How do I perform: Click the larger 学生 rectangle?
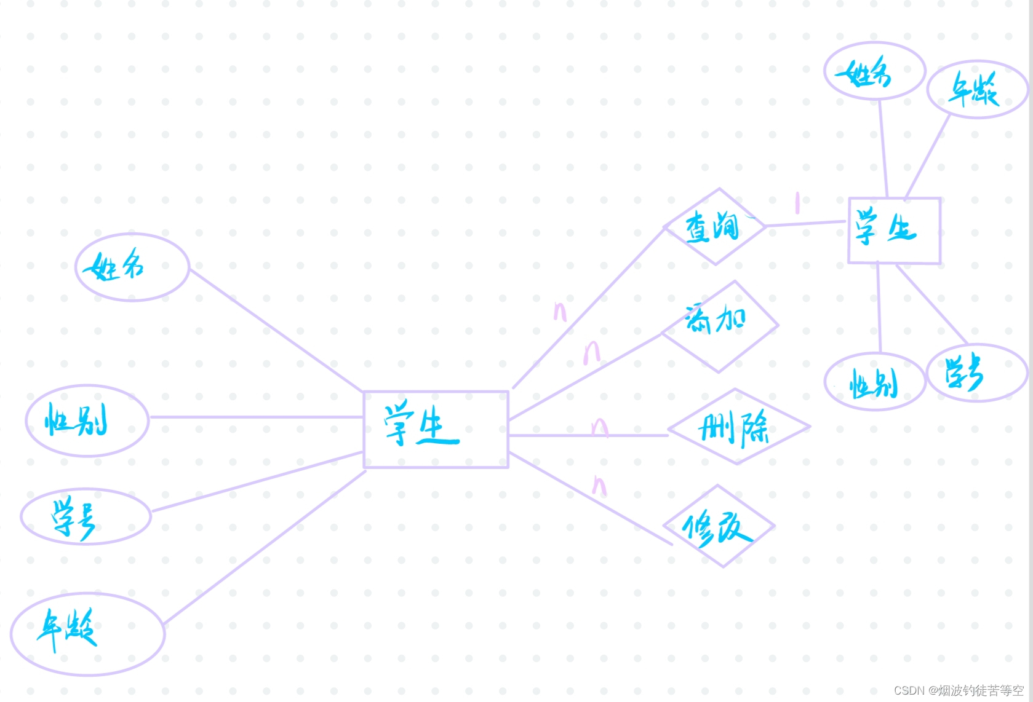point(436,429)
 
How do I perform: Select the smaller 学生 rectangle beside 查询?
point(894,231)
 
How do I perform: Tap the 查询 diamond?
point(714,227)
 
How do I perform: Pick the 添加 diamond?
point(719,326)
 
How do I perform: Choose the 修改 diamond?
point(719,527)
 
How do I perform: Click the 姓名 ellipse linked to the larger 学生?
point(132,267)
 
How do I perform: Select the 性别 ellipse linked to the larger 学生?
point(87,421)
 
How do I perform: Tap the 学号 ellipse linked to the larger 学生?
point(86,517)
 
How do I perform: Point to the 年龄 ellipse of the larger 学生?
point(87,633)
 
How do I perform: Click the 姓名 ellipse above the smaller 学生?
point(874,71)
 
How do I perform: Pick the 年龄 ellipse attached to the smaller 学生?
point(977,90)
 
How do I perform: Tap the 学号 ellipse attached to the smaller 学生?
point(977,373)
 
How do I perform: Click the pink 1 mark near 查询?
point(797,203)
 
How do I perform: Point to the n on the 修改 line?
point(599,486)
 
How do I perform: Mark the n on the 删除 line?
point(599,427)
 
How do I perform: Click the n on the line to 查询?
point(560,312)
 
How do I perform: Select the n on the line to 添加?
point(591,352)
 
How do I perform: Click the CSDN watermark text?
point(958,690)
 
